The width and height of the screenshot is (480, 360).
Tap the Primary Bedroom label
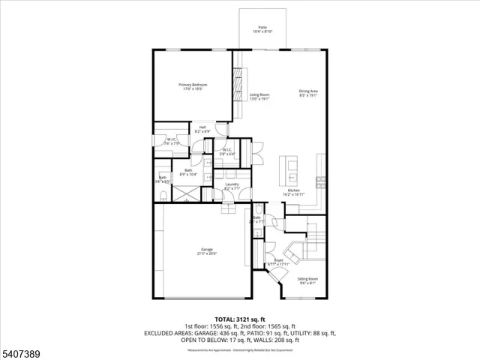coord(193,87)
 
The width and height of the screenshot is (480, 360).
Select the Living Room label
coord(259,95)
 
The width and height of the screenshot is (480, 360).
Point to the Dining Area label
coord(307,93)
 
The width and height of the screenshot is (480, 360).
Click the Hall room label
coord(202,129)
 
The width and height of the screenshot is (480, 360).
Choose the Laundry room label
coord(232,186)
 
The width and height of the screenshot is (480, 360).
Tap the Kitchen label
coord(293,192)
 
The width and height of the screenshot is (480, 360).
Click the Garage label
coord(206,251)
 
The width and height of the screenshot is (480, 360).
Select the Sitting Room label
coord(308,280)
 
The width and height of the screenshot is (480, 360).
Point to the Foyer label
coord(277,262)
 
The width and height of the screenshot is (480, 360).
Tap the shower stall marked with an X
coord(183,192)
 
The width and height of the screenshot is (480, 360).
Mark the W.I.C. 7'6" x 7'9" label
coord(171,140)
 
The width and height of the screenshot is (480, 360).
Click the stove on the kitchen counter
coord(320,180)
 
